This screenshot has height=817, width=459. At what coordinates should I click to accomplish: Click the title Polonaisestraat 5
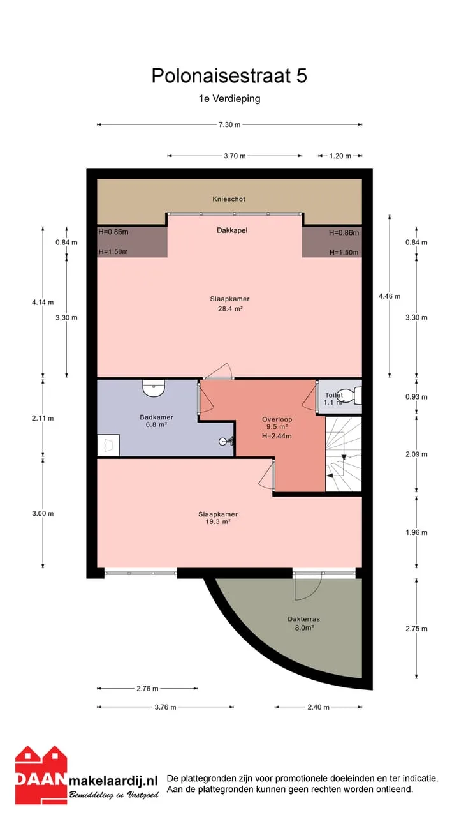(229, 75)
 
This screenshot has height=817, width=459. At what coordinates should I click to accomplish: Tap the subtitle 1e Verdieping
(229, 99)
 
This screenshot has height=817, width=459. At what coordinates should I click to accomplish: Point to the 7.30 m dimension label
(229, 124)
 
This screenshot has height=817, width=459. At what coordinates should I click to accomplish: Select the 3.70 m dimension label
(235, 156)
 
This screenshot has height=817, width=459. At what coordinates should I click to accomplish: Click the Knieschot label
(229, 199)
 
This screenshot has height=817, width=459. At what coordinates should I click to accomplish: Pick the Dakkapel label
(232, 230)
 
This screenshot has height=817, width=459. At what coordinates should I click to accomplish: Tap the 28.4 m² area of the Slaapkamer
(230, 309)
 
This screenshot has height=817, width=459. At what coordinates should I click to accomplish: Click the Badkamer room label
(157, 417)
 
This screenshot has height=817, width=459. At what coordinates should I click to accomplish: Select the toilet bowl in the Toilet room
(353, 395)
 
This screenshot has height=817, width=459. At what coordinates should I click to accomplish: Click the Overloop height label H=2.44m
(277, 436)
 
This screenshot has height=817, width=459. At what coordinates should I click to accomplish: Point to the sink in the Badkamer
(154, 388)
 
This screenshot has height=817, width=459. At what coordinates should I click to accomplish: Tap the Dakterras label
(304, 619)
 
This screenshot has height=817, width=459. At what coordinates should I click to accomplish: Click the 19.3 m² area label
(218, 521)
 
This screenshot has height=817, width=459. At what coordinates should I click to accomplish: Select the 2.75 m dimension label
(416, 629)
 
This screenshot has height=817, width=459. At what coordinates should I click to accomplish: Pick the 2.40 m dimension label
(318, 707)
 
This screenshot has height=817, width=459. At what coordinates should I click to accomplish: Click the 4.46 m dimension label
(390, 296)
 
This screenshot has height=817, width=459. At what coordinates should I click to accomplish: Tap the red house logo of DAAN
(41, 775)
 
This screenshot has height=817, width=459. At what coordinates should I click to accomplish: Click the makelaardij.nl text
(113, 781)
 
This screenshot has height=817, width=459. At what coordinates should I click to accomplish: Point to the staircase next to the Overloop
(344, 454)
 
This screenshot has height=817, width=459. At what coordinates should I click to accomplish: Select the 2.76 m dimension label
(147, 689)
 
